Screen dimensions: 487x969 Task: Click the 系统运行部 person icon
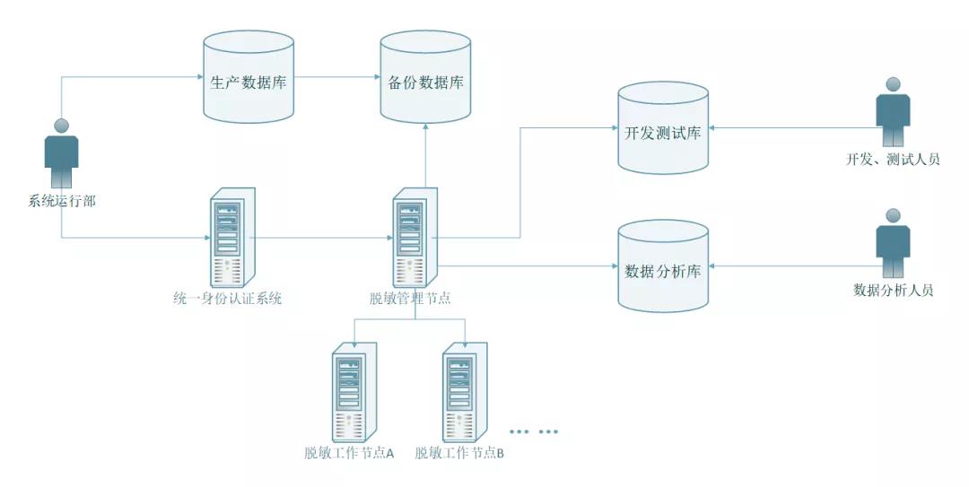[x=62, y=153]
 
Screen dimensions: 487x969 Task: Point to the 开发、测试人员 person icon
[x=892, y=112]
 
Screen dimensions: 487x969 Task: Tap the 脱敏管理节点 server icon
[x=415, y=237]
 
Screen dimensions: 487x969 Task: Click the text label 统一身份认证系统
[x=227, y=299]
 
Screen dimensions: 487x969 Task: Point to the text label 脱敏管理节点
[x=409, y=299]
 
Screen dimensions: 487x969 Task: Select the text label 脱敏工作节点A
[x=350, y=453]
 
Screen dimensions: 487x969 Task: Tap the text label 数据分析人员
[x=893, y=291]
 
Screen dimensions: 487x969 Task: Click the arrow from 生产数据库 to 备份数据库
[x=337, y=78]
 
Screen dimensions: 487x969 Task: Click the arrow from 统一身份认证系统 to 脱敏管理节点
[x=323, y=239]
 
